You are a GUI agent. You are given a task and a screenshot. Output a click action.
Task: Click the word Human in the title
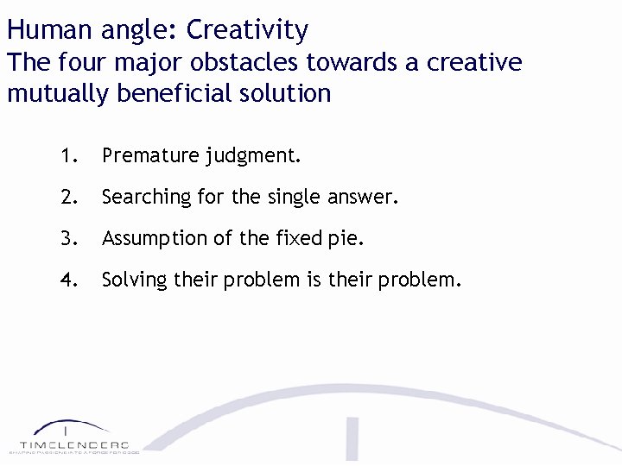click(48, 31)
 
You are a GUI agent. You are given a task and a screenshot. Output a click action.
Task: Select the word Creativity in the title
click(247, 31)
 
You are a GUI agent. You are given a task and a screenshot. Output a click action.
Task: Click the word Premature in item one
click(150, 156)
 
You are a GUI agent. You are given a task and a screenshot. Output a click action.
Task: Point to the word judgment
click(253, 157)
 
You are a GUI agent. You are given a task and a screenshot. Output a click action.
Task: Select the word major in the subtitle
click(130, 63)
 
